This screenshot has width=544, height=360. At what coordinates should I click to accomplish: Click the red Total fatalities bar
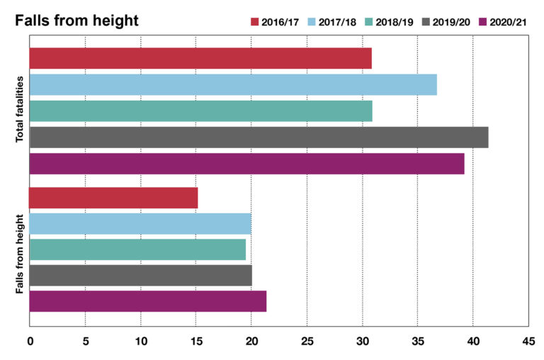(200, 58)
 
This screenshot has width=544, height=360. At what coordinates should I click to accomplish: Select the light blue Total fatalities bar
(232, 84)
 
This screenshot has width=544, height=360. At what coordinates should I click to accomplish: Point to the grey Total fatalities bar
(259, 137)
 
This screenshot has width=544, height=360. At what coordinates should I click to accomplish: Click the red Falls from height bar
(113, 198)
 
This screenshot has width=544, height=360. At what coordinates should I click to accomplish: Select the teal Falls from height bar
(137, 249)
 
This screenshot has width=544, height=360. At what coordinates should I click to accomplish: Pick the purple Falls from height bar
(147, 301)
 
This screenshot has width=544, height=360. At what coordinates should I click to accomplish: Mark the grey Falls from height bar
(140, 275)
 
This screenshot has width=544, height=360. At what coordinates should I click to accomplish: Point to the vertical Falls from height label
(20, 254)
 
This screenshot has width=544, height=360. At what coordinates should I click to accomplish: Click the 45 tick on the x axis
(528, 341)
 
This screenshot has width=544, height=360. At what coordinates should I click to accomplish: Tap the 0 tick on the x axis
(30, 341)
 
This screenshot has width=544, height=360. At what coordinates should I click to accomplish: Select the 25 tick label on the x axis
(307, 341)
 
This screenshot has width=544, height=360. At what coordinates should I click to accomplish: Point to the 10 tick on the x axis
(140, 341)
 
